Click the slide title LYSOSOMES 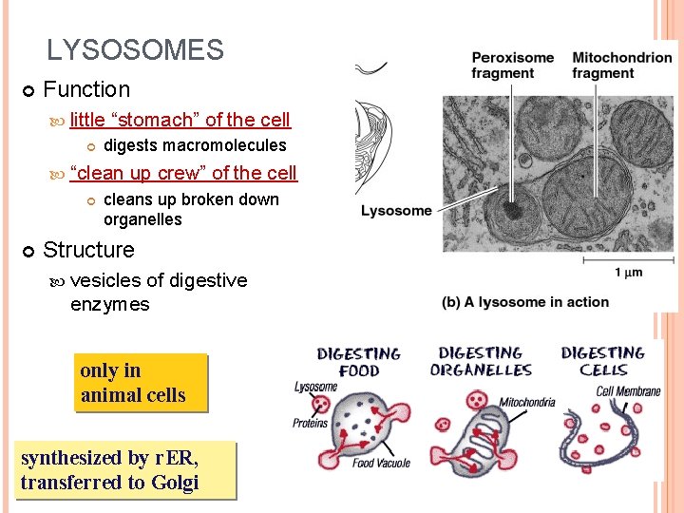[x=135, y=50]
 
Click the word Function [x=86, y=90]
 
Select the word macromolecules [x=224, y=145]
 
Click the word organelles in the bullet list [x=142, y=219]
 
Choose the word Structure [x=89, y=250]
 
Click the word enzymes [x=109, y=305]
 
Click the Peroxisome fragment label [x=513, y=66]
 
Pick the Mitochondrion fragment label [x=621, y=66]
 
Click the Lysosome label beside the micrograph [x=396, y=211]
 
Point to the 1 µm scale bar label [x=630, y=273]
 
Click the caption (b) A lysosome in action [x=525, y=302]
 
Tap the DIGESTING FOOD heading [x=359, y=362]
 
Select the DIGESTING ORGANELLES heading [x=481, y=361]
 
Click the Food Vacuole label [x=382, y=463]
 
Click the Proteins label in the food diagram [x=311, y=423]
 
